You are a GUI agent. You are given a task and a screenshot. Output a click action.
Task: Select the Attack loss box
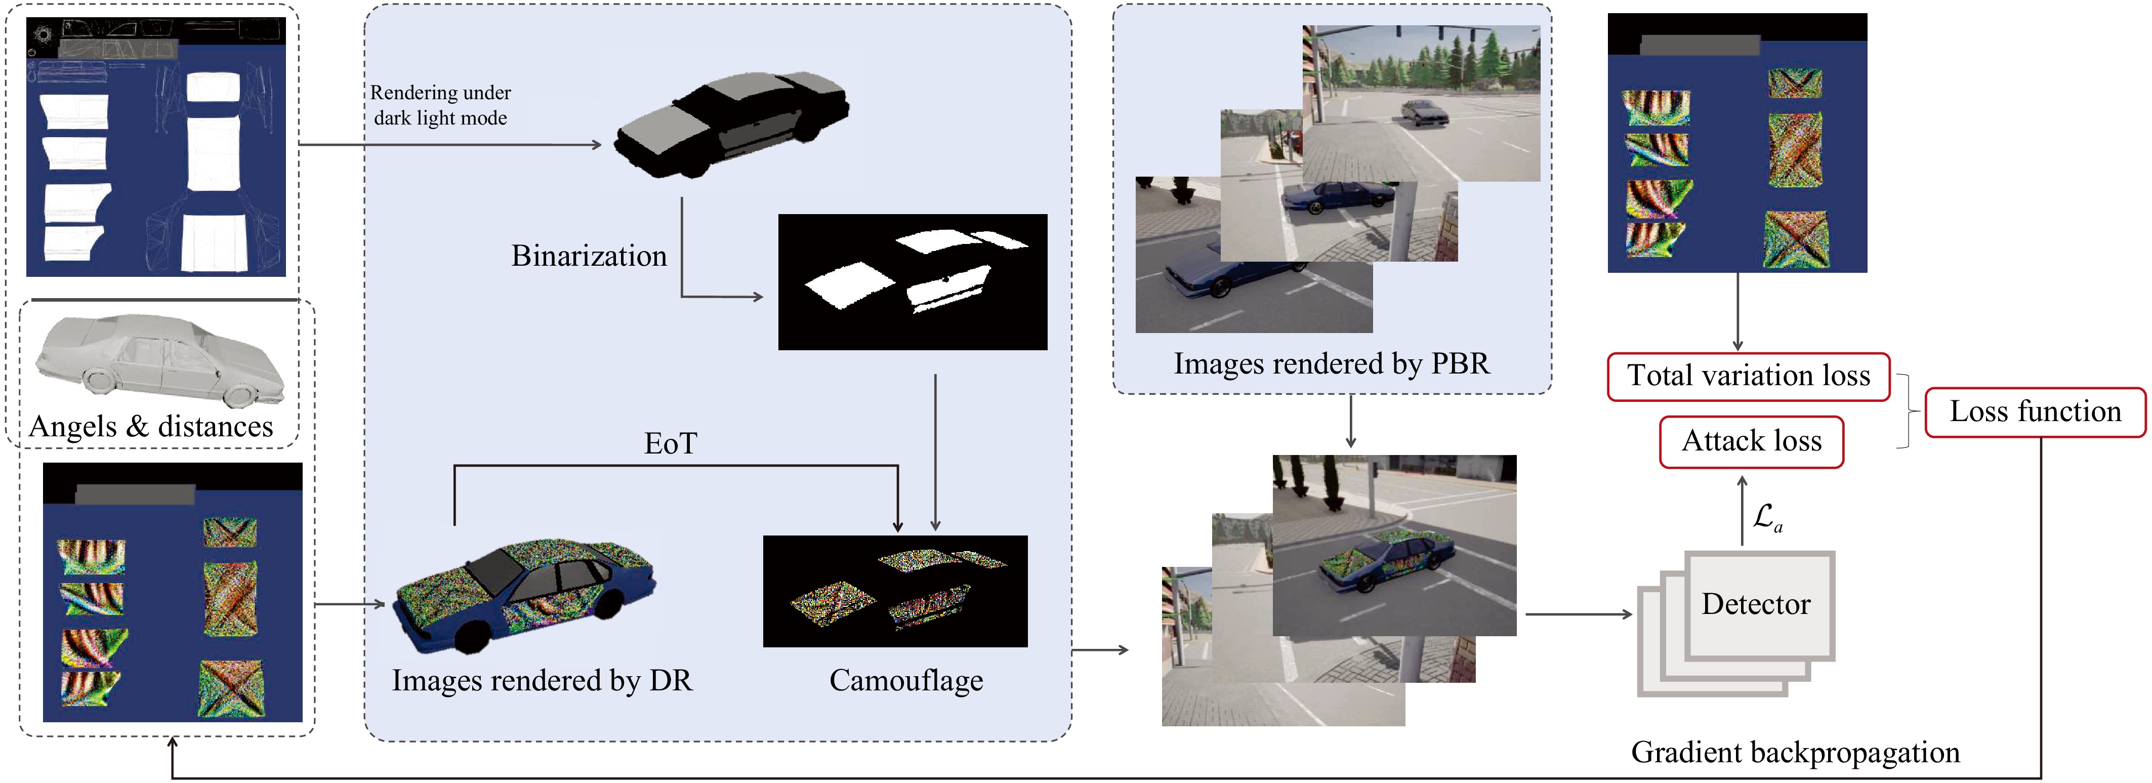click(1751, 441)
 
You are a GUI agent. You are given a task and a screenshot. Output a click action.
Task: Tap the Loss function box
click(2035, 412)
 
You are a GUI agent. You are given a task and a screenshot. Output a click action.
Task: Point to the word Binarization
click(589, 256)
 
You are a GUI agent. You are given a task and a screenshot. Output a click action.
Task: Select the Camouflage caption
click(905, 680)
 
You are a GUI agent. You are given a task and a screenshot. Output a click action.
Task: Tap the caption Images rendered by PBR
click(1332, 363)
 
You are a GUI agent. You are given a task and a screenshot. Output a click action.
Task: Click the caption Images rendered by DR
click(542, 680)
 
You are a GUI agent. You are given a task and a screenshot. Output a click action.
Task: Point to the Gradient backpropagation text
click(1795, 752)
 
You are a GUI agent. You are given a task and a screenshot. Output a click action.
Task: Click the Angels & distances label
click(151, 426)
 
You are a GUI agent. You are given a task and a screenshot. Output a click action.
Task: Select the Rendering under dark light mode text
click(440, 105)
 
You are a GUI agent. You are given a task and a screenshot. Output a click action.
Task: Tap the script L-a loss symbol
click(1766, 517)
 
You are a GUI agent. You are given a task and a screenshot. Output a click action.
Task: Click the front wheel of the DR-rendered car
click(473, 638)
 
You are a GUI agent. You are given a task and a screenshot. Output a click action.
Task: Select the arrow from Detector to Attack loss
click(1742, 510)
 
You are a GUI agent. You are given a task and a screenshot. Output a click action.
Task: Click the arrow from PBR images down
click(1350, 422)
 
